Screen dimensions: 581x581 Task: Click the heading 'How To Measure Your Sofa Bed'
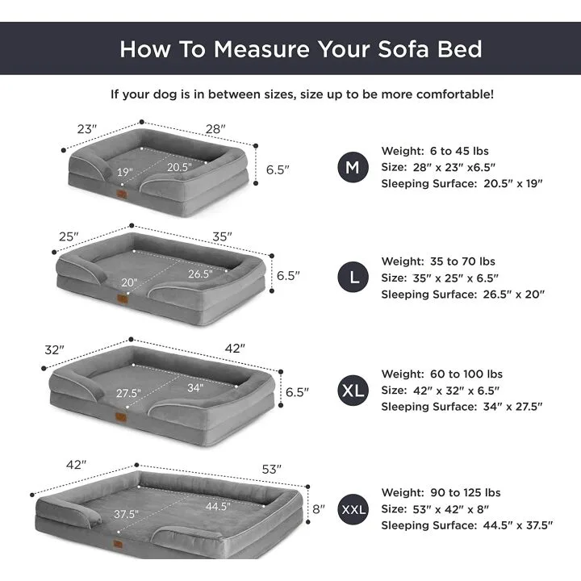[301, 48]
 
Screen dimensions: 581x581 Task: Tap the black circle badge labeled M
[353, 167]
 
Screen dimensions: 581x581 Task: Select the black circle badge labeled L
[353, 278]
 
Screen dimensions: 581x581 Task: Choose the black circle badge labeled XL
[353, 391]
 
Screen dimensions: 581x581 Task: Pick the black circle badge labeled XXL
[353, 509]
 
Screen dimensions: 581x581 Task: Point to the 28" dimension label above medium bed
[215, 128]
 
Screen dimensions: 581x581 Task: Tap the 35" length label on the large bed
[222, 236]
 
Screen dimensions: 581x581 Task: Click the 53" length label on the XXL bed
[271, 469]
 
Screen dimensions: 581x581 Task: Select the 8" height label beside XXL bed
[318, 509]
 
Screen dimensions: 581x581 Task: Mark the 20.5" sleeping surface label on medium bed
[179, 167]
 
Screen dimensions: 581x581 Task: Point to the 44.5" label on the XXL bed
[218, 507]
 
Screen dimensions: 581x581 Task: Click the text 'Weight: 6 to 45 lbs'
[435, 151]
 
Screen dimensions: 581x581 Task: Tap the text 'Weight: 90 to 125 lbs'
[441, 492]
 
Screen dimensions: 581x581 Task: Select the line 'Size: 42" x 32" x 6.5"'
[440, 391]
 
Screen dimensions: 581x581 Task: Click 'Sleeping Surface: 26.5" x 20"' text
[462, 295]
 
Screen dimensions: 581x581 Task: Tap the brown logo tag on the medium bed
[122, 194]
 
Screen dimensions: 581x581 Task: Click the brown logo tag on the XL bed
[121, 419]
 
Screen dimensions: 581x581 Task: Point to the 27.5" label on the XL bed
[128, 393]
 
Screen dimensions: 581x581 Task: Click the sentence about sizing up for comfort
[302, 94]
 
